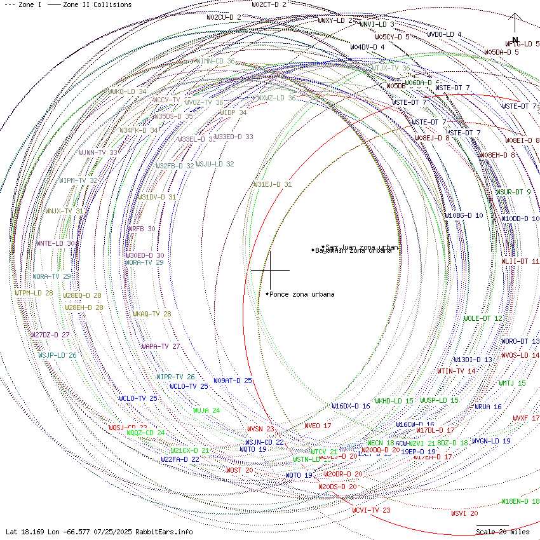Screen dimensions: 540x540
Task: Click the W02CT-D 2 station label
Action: tap(269, 4)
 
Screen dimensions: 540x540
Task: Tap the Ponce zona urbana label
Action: tap(302, 294)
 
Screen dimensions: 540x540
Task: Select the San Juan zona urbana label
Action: tap(361, 246)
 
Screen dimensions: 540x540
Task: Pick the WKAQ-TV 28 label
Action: tap(152, 314)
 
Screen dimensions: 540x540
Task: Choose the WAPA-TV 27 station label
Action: tap(161, 346)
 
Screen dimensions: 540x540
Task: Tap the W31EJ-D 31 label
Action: tap(273, 184)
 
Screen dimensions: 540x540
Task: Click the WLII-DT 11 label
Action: tap(520, 261)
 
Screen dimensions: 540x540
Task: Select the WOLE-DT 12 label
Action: tap(483, 318)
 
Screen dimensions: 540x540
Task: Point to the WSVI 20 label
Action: tap(464, 513)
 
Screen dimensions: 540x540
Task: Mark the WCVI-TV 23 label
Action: tap(371, 510)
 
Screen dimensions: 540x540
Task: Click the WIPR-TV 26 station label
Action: tap(175, 377)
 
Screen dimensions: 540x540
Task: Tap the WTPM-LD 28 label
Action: tap(34, 293)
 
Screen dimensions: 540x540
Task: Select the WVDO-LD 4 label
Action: tap(444, 34)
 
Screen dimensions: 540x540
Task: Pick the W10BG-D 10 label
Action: tap(463, 216)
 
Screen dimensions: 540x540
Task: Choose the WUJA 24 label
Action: tap(206, 410)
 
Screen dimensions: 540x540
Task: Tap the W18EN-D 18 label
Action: tap(520, 501)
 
